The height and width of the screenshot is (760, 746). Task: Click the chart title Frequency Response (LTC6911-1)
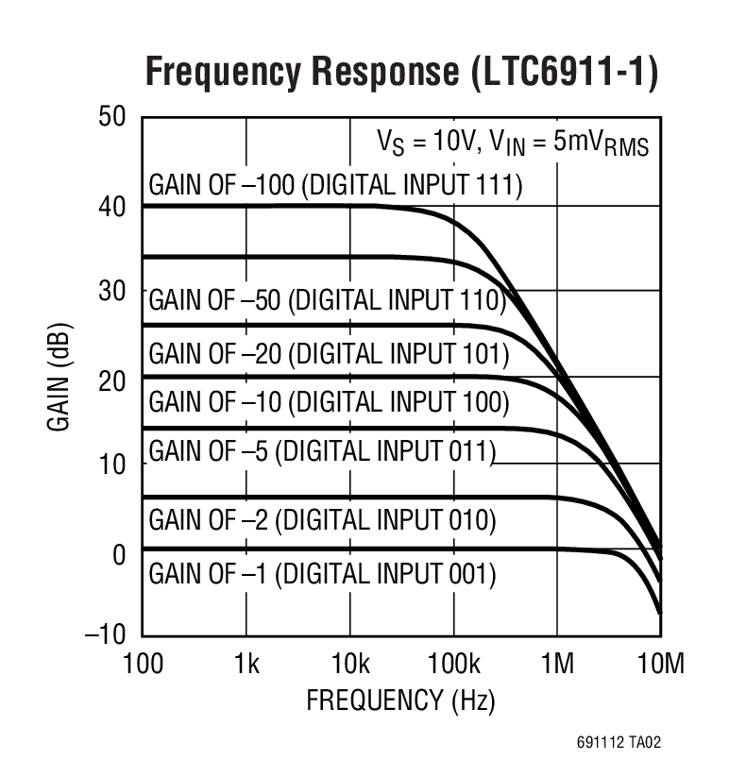pos(400,72)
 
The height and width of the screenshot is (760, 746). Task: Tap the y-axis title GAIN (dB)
pos(59,378)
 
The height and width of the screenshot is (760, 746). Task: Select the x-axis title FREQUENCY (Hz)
pos(400,701)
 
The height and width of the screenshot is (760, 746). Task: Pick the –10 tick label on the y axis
pos(105,634)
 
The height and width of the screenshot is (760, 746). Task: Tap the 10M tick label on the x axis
pos(659,665)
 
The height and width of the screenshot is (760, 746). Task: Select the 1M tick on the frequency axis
pos(556,665)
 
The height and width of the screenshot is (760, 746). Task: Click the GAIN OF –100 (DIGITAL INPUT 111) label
pos(335,184)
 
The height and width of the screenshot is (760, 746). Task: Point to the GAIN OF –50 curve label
pos(328,301)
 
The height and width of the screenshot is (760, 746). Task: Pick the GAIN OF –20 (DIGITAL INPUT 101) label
pos(329,354)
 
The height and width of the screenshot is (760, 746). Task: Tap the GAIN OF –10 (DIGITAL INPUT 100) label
pos(329,402)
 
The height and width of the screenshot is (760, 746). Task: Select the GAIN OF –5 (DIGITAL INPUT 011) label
pos(322,451)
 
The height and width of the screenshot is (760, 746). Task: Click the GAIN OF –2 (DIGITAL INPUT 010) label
pos(322,520)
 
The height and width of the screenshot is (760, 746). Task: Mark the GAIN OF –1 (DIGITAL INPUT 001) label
pos(322,573)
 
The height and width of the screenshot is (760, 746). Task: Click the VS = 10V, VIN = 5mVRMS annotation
pos(513,143)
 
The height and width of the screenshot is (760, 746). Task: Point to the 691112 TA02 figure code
pos(614,743)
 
